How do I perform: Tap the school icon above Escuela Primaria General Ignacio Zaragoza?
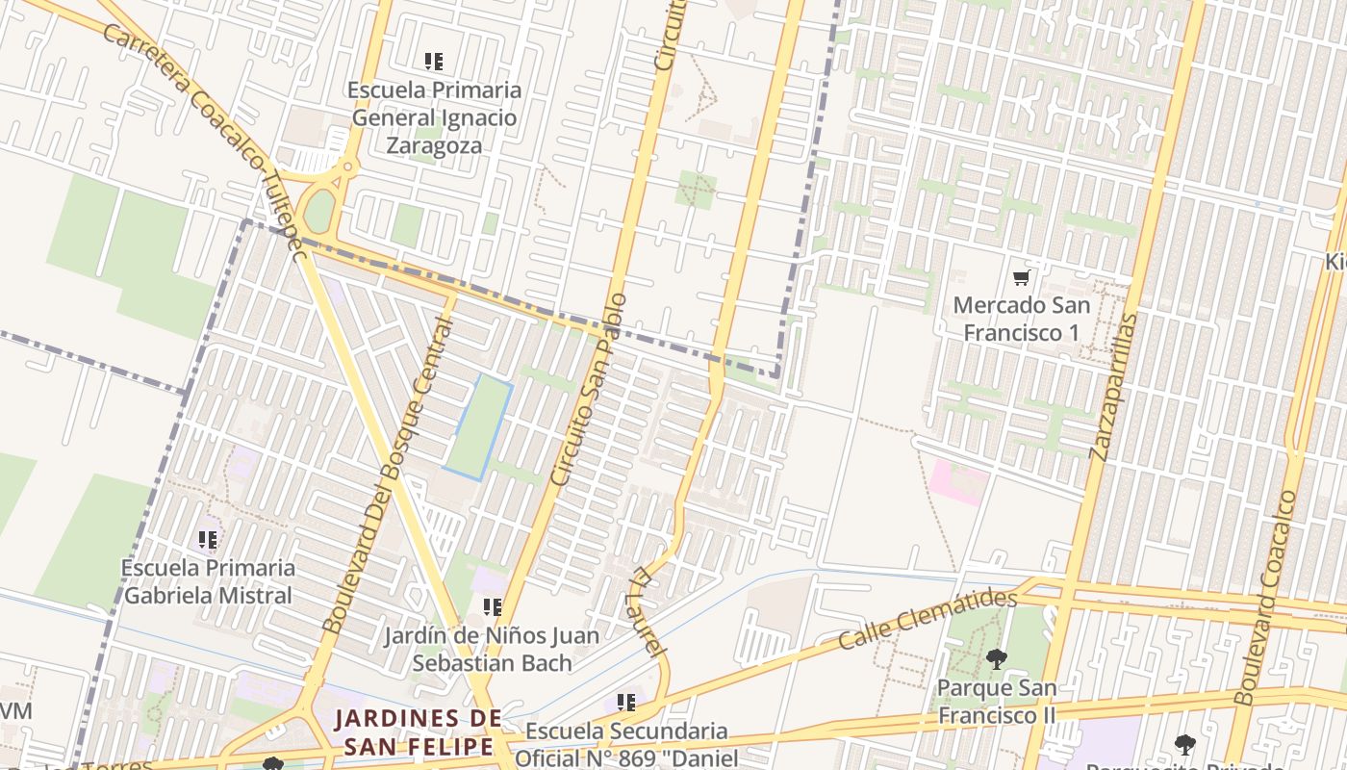[x=434, y=62]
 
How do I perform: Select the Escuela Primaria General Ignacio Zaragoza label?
[x=435, y=117]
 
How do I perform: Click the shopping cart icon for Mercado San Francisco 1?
[x=1021, y=278]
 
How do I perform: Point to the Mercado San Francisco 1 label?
[x=1022, y=319]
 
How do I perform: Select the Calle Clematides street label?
[x=927, y=619]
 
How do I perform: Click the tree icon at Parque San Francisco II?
[x=996, y=659]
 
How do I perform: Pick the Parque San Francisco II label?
[x=997, y=702]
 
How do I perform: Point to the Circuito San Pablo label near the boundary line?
[x=588, y=389]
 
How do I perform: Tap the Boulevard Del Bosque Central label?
[x=389, y=476]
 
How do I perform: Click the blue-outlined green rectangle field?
[x=478, y=427]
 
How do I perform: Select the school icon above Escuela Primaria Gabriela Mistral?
[x=208, y=540]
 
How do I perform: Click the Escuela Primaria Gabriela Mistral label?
[x=208, y=581]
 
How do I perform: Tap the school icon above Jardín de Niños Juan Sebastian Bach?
[x=492, y=607]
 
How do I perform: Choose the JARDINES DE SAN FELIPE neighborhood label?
[x=419, y=731]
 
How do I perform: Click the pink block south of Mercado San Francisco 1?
[x=957, y=481]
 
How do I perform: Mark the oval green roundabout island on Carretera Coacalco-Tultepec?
[x=318, y=211]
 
